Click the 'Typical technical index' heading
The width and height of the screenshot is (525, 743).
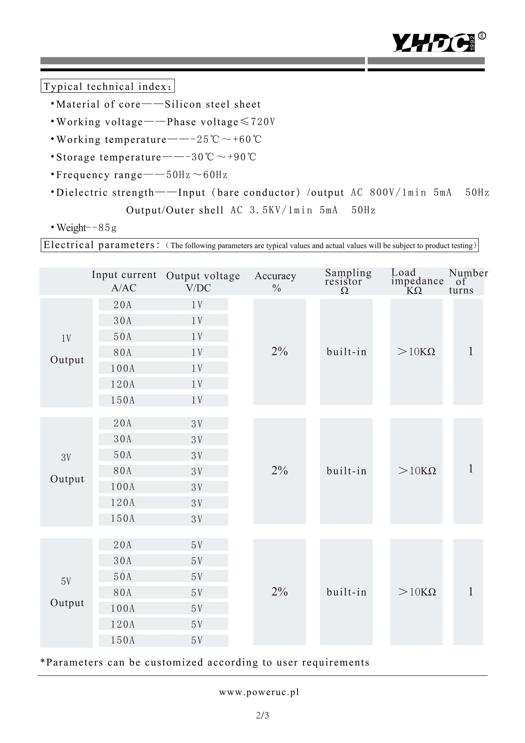(x=107, y=87)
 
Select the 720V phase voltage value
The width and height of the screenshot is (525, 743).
(x=263, y=122)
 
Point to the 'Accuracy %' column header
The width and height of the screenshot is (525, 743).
(x=276, y=282)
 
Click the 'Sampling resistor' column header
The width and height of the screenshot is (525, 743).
(x=347, y=281)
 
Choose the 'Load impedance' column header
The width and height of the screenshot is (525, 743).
(x=417, y=281)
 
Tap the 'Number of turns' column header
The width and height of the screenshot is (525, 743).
(x=467, y=281)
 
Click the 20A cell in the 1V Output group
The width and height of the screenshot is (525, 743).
(x=123, y=305)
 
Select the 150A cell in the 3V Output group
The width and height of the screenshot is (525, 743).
(x=123, y=519)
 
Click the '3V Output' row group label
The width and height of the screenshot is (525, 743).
(x=67, y=468)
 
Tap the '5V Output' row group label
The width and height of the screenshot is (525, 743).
(x=67, y=592)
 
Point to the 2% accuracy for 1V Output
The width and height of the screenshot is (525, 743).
(x=279, y=352)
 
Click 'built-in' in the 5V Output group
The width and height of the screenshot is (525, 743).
(x=346, y=592)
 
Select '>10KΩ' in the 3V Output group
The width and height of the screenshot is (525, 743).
(x=417, y=471)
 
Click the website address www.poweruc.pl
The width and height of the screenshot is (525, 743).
(x=259, y=692)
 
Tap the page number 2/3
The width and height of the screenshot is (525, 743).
(x=262, y=715)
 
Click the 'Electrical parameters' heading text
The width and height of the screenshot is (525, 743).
(x=102, y=245)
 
